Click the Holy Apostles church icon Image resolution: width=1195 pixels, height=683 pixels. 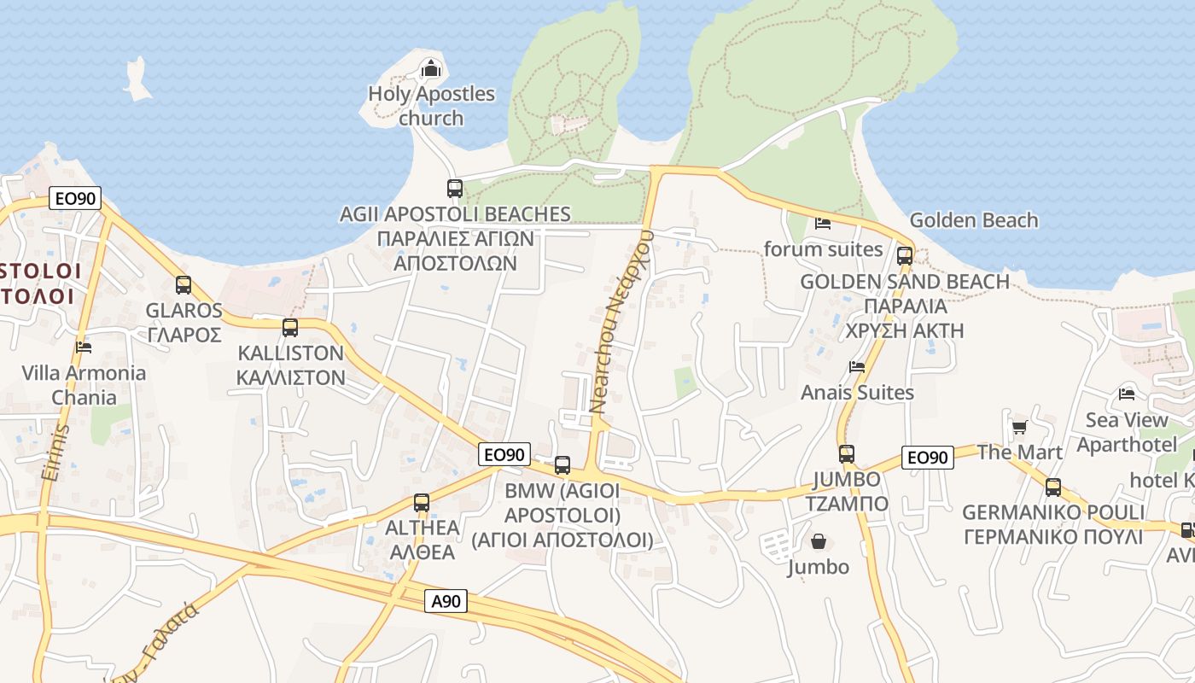[431, 67]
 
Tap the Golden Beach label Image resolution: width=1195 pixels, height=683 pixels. [974, 220]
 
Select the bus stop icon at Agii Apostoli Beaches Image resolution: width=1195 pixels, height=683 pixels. [455, 189]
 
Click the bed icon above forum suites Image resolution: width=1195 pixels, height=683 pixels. [823, 224]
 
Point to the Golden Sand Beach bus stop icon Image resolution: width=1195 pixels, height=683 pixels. [905, 255]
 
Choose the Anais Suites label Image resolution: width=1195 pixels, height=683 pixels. [857, 393]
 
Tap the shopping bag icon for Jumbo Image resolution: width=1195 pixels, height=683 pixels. [819, 541]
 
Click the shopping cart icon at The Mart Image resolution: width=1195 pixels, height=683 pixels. [1019, 427]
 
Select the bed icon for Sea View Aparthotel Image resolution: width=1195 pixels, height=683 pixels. [1127, 394]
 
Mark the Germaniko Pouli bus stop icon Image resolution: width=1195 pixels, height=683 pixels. [1053, 487]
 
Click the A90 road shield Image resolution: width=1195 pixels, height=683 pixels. [446, 601]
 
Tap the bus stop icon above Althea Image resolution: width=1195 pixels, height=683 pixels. [422, 503]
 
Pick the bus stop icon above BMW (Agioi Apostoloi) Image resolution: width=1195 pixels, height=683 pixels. [563, 465]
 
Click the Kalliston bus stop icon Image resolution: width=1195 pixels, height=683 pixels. [290, 328]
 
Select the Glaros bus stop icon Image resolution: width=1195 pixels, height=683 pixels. [184, 285]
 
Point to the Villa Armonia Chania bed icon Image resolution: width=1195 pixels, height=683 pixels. [84, 347]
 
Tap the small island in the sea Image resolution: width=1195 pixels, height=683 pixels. [137, 79]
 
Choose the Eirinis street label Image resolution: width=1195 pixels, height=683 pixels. [54, 452]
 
